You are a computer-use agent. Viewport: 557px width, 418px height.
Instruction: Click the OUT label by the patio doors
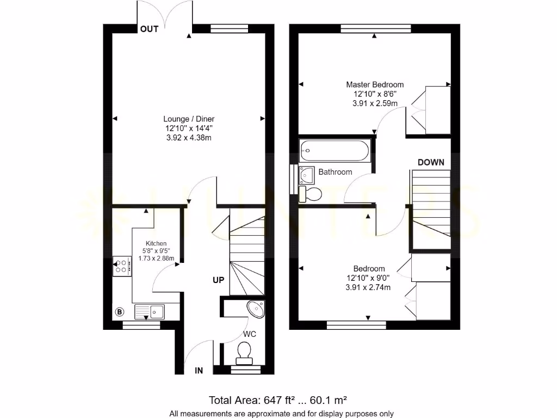(149, 29)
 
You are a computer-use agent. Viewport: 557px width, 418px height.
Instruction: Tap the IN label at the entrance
(199, 371)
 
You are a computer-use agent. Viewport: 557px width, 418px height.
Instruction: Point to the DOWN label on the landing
(431, 162)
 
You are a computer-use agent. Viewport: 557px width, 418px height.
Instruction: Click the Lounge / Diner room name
(188, 119)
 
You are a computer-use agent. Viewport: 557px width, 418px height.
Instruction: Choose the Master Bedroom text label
(375, 84)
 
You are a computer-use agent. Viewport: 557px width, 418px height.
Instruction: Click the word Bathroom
(335, 172)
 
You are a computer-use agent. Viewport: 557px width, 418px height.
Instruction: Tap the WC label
(250, 334)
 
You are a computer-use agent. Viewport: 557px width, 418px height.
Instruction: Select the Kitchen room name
(156, 243)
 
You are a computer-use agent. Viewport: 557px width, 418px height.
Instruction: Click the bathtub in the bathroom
(335, 150)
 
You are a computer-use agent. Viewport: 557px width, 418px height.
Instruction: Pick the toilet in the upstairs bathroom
(310, 193)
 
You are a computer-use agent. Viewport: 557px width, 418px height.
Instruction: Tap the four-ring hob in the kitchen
(122, 266)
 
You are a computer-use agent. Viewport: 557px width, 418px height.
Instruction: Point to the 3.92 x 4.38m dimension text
(188, 138)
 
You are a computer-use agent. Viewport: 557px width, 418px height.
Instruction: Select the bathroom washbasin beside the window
(306, 174)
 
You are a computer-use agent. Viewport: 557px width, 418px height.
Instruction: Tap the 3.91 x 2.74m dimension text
(368, 288)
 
